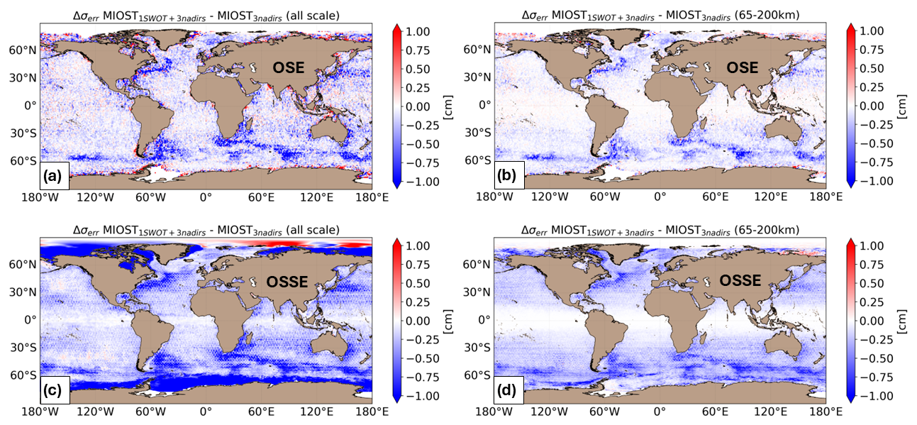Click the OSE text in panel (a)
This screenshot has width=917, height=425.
[289, 67]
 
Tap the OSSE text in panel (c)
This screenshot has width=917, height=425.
[287, 282]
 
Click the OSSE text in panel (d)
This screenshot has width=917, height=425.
[741, 282]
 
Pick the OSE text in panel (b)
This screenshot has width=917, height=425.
[742, 67]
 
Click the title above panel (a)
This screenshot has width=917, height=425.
[206, 16]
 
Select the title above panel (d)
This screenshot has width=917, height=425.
[660, 230]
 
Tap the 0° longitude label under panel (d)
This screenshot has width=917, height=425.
[660, 412]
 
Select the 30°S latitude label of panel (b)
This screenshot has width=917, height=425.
[478, 133]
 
